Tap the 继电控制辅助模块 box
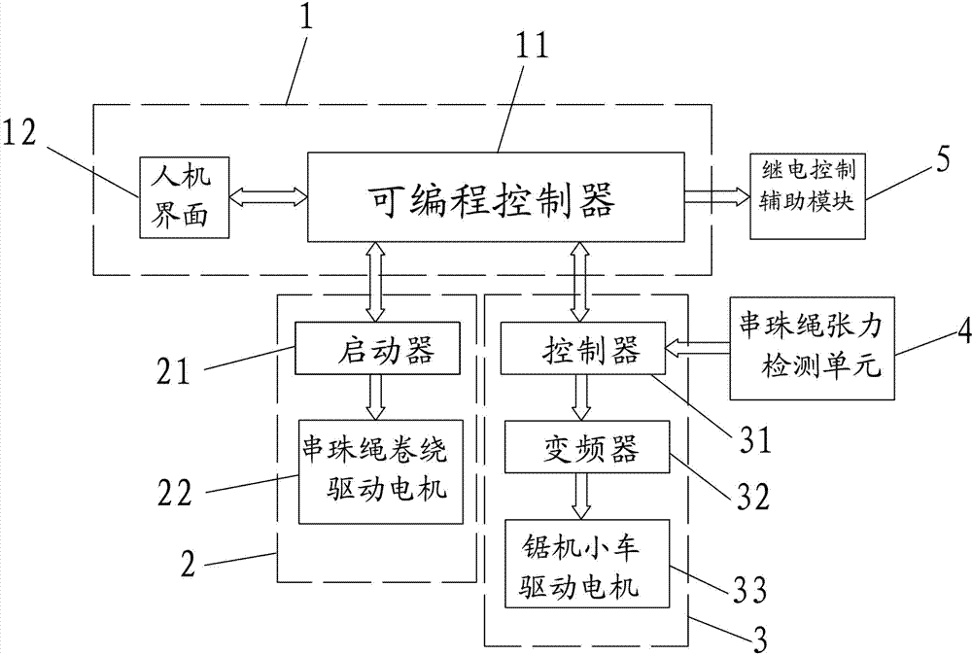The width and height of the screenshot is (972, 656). point(806,194)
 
